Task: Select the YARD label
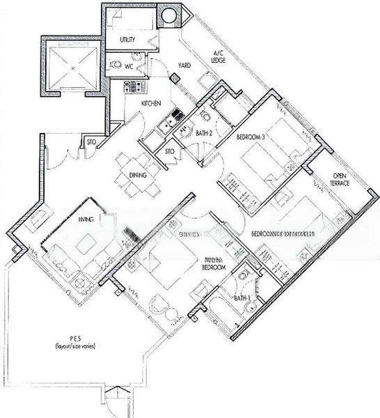click(x=184, y=65)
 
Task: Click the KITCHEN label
click(x=151, y=103)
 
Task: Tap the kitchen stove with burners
click(x=132, y=87)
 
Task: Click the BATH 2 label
click(x=203, y=132)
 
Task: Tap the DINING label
click(x=137, y=176)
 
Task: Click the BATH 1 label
click(x=242, y=298)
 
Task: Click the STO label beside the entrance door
click(x=90, y=144)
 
